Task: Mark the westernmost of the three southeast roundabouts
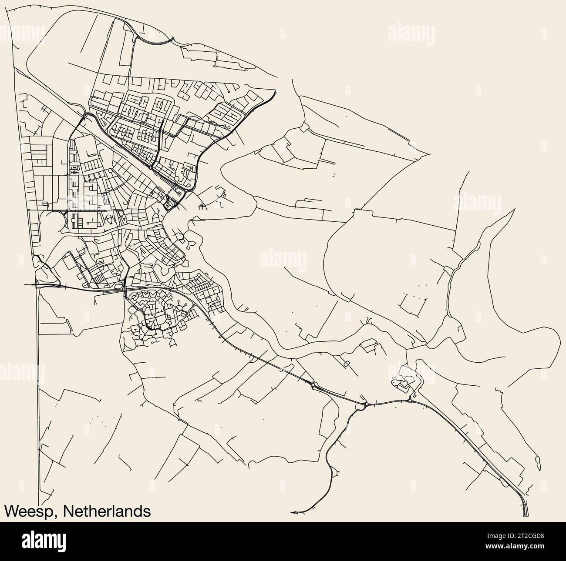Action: (313, 384)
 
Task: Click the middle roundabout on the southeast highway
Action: (366, 404)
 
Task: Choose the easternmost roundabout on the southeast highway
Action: (411, 401)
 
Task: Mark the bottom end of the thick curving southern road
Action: (293, 511)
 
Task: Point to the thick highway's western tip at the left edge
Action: (24, 284)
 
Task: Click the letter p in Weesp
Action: (48, 512)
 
